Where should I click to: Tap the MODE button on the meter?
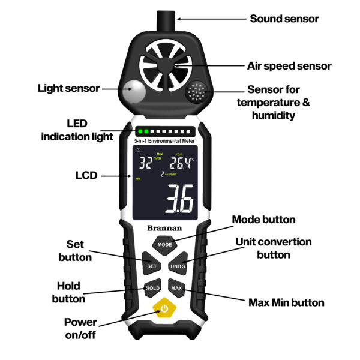(164, 245)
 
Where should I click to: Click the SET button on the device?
(152, 266)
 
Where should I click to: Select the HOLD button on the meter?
(153, 288)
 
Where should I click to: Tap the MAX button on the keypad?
(176, 288)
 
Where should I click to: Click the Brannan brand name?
(164, 228)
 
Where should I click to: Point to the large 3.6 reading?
(179, 199)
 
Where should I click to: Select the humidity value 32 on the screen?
(146, 163)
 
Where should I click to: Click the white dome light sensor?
(134, 92)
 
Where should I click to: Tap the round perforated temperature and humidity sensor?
(196, 93)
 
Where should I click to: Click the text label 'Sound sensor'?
(284, 19)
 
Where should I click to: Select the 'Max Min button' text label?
(286, 302)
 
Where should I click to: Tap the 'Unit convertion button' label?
(273, 248)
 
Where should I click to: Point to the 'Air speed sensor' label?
(289, 65)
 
